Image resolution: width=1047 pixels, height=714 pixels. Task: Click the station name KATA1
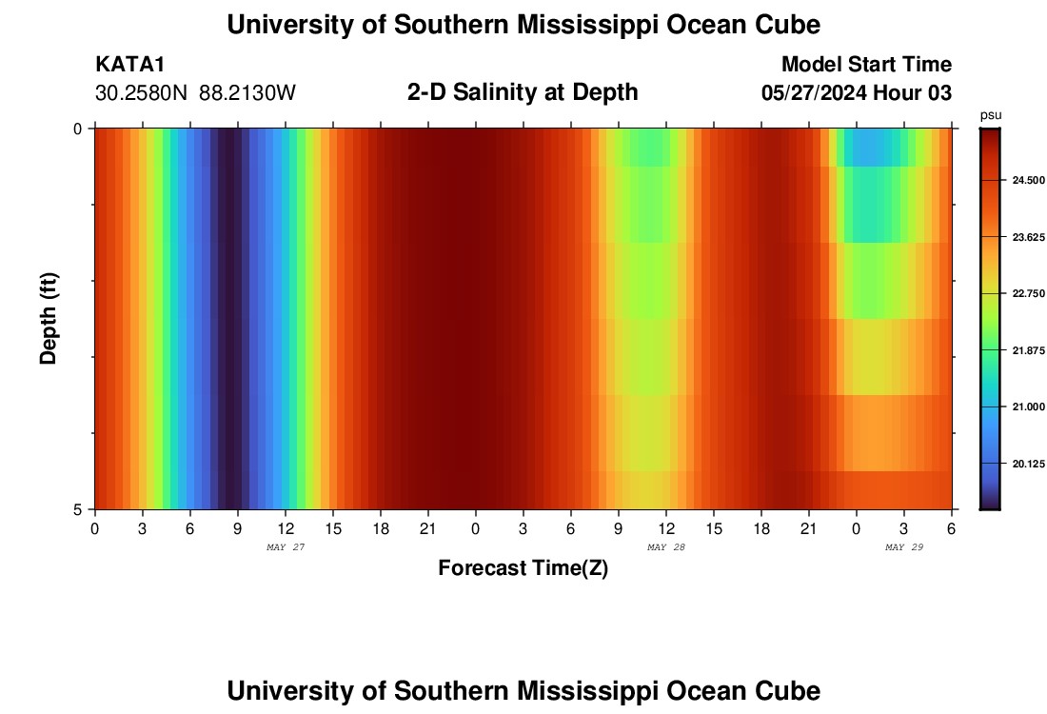coord(130,65)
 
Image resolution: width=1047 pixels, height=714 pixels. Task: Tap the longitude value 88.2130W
coord(247,93)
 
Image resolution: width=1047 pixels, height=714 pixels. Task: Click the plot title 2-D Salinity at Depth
coord(523,92)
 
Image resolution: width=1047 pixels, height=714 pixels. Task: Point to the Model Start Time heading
coord(866,65)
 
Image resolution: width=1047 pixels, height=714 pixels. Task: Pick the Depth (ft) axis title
coord(49,318)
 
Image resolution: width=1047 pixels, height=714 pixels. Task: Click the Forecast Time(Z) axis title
coord(523,568)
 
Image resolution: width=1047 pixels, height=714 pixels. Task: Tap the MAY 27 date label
coord(285,547)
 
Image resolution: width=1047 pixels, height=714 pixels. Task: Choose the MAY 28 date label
coord(665,547)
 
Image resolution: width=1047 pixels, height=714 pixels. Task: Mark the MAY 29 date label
coord(903,547)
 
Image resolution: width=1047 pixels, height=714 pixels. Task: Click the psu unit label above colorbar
coord(990,115)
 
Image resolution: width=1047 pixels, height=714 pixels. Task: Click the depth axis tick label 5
coord(78,509)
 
